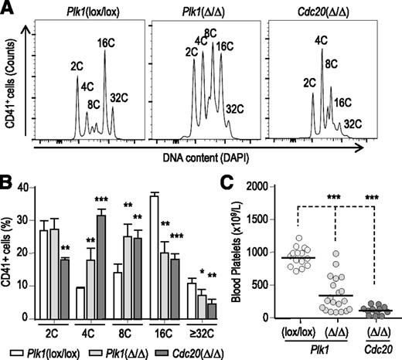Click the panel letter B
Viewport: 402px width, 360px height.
pyautogui.click(x=9, y=184)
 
